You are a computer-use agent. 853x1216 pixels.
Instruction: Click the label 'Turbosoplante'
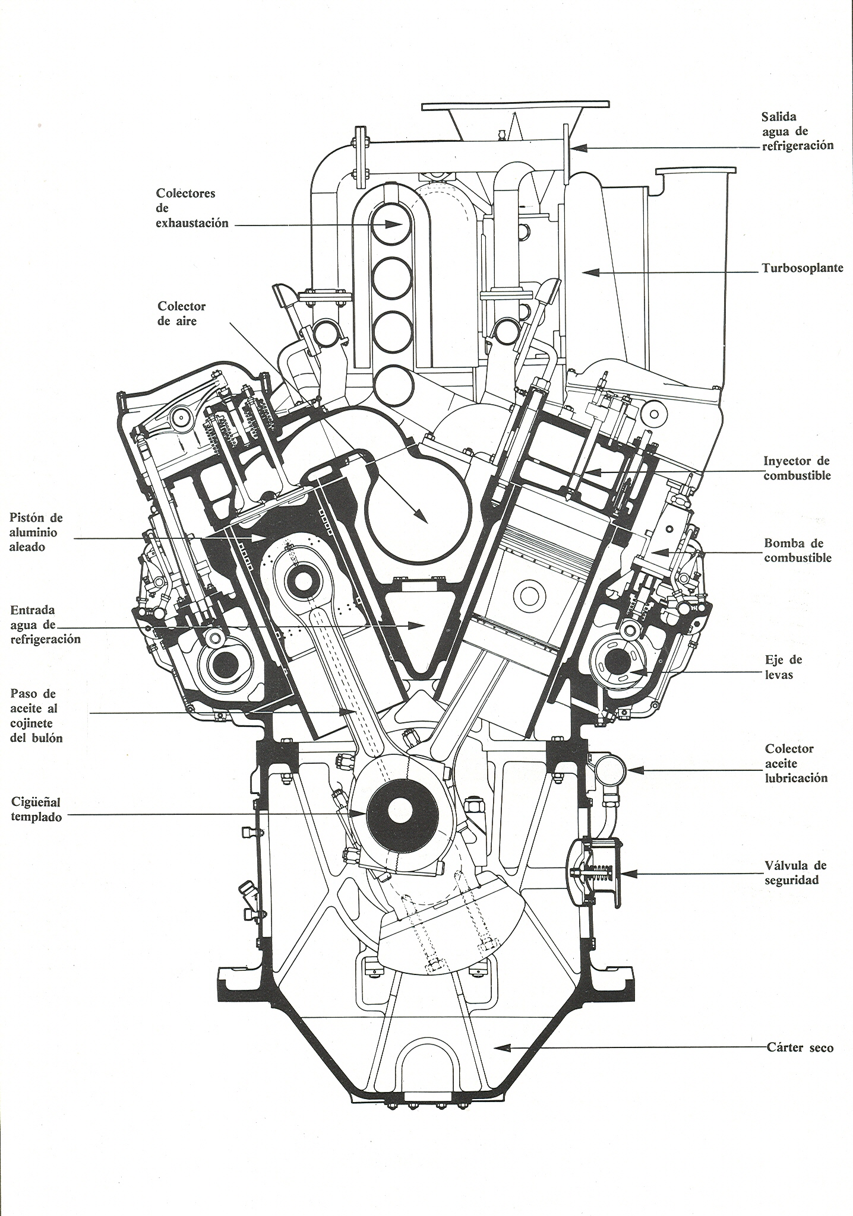click(x=803, y=268)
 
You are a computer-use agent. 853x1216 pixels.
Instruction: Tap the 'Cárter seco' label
click(x=800, y=1047)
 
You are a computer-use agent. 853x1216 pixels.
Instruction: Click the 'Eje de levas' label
click(x=784, y=667)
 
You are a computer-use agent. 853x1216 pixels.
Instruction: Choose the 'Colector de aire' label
click(x=181, y=313)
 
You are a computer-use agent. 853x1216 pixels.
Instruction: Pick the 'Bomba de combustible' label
click(x=797, y=550)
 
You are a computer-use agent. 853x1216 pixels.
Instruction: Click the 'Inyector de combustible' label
click(x=797, y=468)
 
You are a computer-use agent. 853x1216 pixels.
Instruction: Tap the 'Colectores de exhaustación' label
click(x=191, y=208)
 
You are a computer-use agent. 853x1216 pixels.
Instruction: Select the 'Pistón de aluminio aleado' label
click(x=36, y=532)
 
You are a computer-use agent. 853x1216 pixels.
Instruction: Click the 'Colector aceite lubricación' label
click(x=796, y=763)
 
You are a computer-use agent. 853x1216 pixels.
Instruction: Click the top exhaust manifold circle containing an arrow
click(x=391, y=224)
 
